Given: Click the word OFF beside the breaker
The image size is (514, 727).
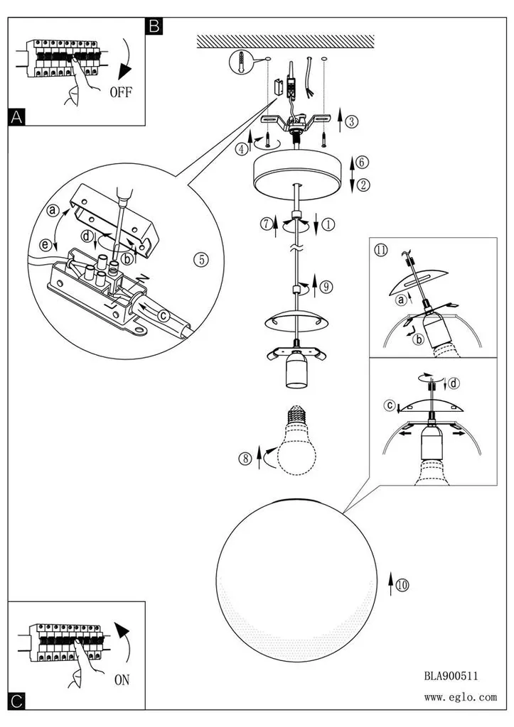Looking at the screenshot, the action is pos(121,92).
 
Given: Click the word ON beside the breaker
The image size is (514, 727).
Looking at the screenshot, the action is pos(122,679).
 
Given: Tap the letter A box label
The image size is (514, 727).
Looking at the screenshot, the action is pos(16,117).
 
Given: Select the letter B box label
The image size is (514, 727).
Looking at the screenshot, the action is pos(154,26).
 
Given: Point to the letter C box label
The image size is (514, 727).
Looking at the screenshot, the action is pos(16,701).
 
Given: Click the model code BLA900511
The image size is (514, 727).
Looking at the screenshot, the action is pos(451,676).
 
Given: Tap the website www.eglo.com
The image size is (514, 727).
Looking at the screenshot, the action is pos(460,697).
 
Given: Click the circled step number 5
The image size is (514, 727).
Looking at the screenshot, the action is pos(201,259).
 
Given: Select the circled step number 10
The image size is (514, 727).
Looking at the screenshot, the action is pos(402,585).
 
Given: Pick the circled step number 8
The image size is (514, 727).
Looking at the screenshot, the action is pos(245,459).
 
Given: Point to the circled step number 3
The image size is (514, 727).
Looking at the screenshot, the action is pos(352,121).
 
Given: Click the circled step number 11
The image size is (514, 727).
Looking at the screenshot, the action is pos(381,251).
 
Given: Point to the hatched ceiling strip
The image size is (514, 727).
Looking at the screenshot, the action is pos(286,41).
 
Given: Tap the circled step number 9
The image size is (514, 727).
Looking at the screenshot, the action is pos(326,287).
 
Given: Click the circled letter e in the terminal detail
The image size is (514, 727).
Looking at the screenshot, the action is pos(45,244).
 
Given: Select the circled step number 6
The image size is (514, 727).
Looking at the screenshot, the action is pos(362,163).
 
